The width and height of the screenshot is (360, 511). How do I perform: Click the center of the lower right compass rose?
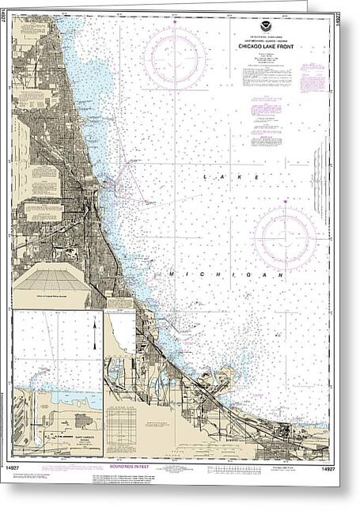tap(285, 237)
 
